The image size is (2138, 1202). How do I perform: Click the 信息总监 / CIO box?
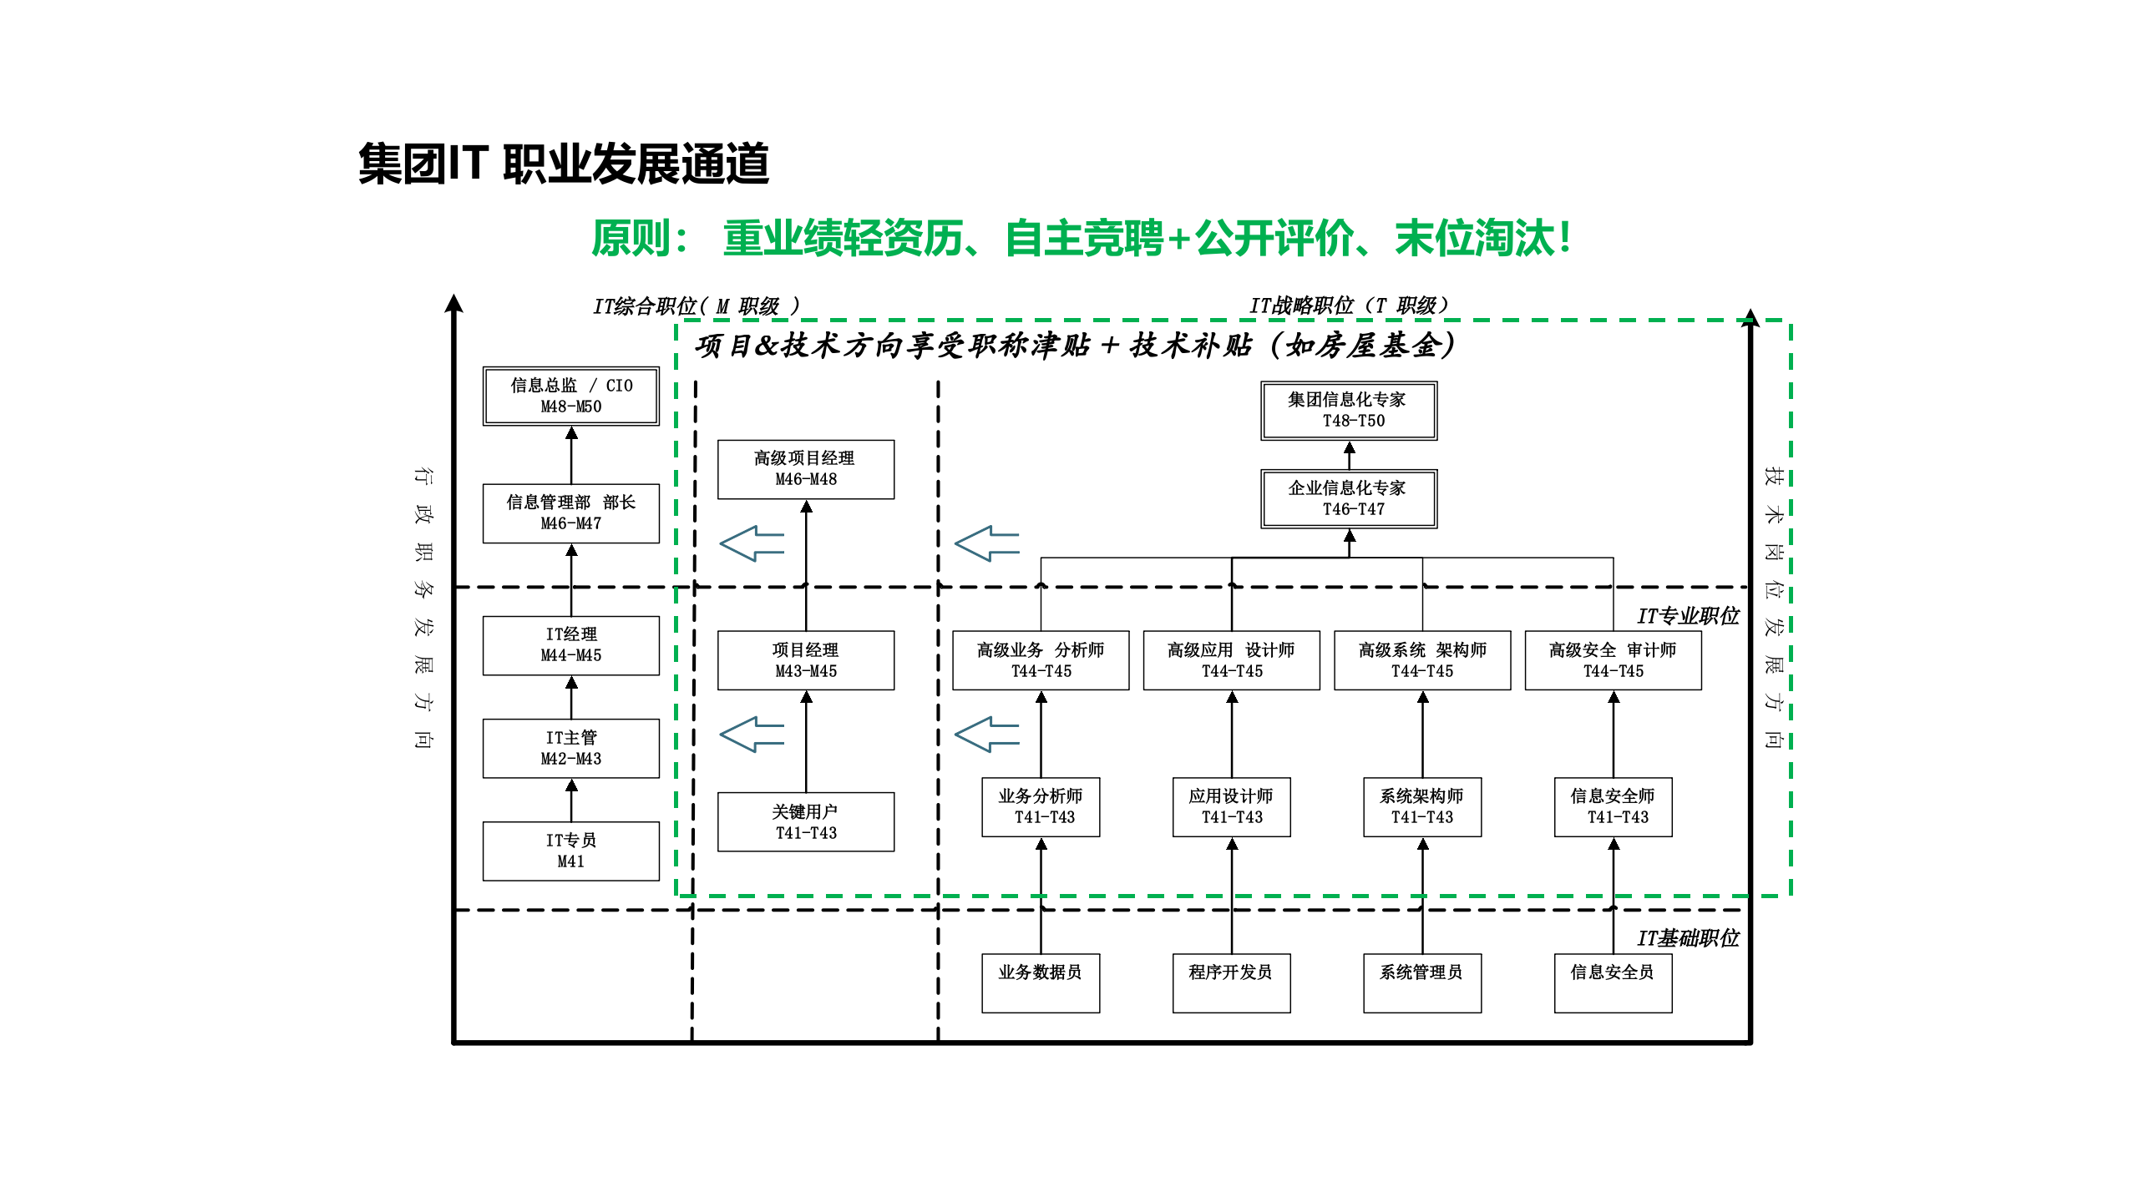[x=570, y=396]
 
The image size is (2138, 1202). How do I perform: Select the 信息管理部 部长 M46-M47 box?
[x=570, y=513]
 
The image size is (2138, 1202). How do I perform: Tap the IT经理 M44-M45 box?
[x=570, y=644]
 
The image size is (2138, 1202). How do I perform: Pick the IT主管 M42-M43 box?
[x=570, y=748]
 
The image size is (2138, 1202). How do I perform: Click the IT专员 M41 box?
[x=570, y=851]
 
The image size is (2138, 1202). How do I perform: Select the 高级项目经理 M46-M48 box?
[x=805, y=468]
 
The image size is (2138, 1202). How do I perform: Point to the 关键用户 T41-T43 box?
[x=805, y=821]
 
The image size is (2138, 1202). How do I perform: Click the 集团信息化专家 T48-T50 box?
[x=1348, y=410]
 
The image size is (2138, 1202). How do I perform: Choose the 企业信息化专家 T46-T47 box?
[x=1348, y=498]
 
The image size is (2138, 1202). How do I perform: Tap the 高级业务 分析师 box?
[x=1041, y=659]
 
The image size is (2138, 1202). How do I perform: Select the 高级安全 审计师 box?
[x=1613, y=659]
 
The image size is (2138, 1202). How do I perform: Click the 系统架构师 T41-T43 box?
[x=1421, y=806]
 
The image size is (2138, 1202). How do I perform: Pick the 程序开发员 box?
[x=1231, y=982]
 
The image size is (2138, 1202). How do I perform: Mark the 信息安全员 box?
[x=1613, y=982]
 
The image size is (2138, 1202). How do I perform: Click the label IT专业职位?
[x=1687, y=616]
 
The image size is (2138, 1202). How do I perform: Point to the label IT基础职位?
[x=1687, y=938]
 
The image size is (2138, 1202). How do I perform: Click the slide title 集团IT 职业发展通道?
[x=564, y=164]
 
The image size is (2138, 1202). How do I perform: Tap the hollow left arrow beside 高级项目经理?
[x=752, y=543]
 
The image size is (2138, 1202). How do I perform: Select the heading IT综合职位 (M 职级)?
[x=696, y=306]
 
